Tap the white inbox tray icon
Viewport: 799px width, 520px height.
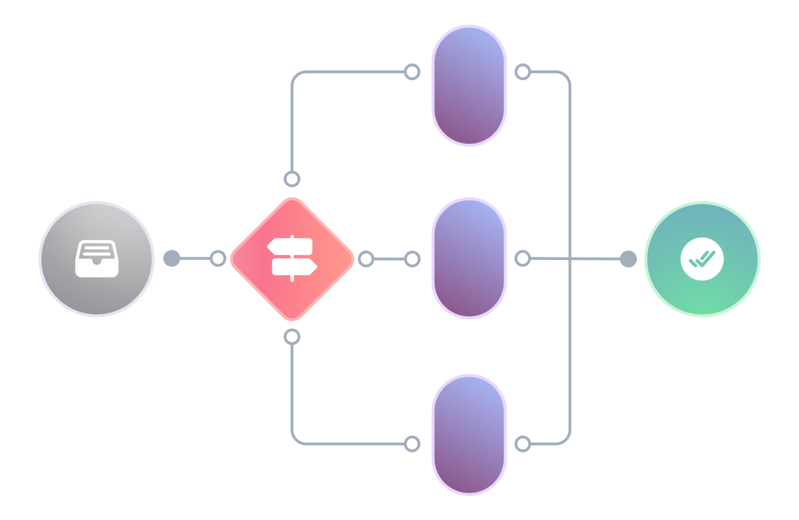point(97,258)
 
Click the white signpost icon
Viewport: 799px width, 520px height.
point(292,258)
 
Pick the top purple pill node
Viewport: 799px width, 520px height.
point(469,86)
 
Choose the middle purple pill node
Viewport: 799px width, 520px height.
point(469,258)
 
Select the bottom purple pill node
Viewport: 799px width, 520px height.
point(469,435)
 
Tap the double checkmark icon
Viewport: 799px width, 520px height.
point(702,258)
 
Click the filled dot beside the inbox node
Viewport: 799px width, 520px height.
point(172,258)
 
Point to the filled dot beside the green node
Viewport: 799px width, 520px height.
point(628,258)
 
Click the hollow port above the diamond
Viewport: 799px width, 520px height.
point(292,179)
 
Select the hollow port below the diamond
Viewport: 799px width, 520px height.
point(292,337)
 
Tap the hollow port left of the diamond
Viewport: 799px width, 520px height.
point(218,258)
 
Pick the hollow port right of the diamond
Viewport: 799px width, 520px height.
point(366,258)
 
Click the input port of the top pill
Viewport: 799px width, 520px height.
point(412,72)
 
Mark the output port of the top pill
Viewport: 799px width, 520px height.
point(523,72)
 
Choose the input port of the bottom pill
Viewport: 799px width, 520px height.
point(412,444)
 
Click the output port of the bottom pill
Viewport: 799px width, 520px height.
point(523,444)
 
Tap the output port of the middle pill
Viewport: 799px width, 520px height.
point(523,258)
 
